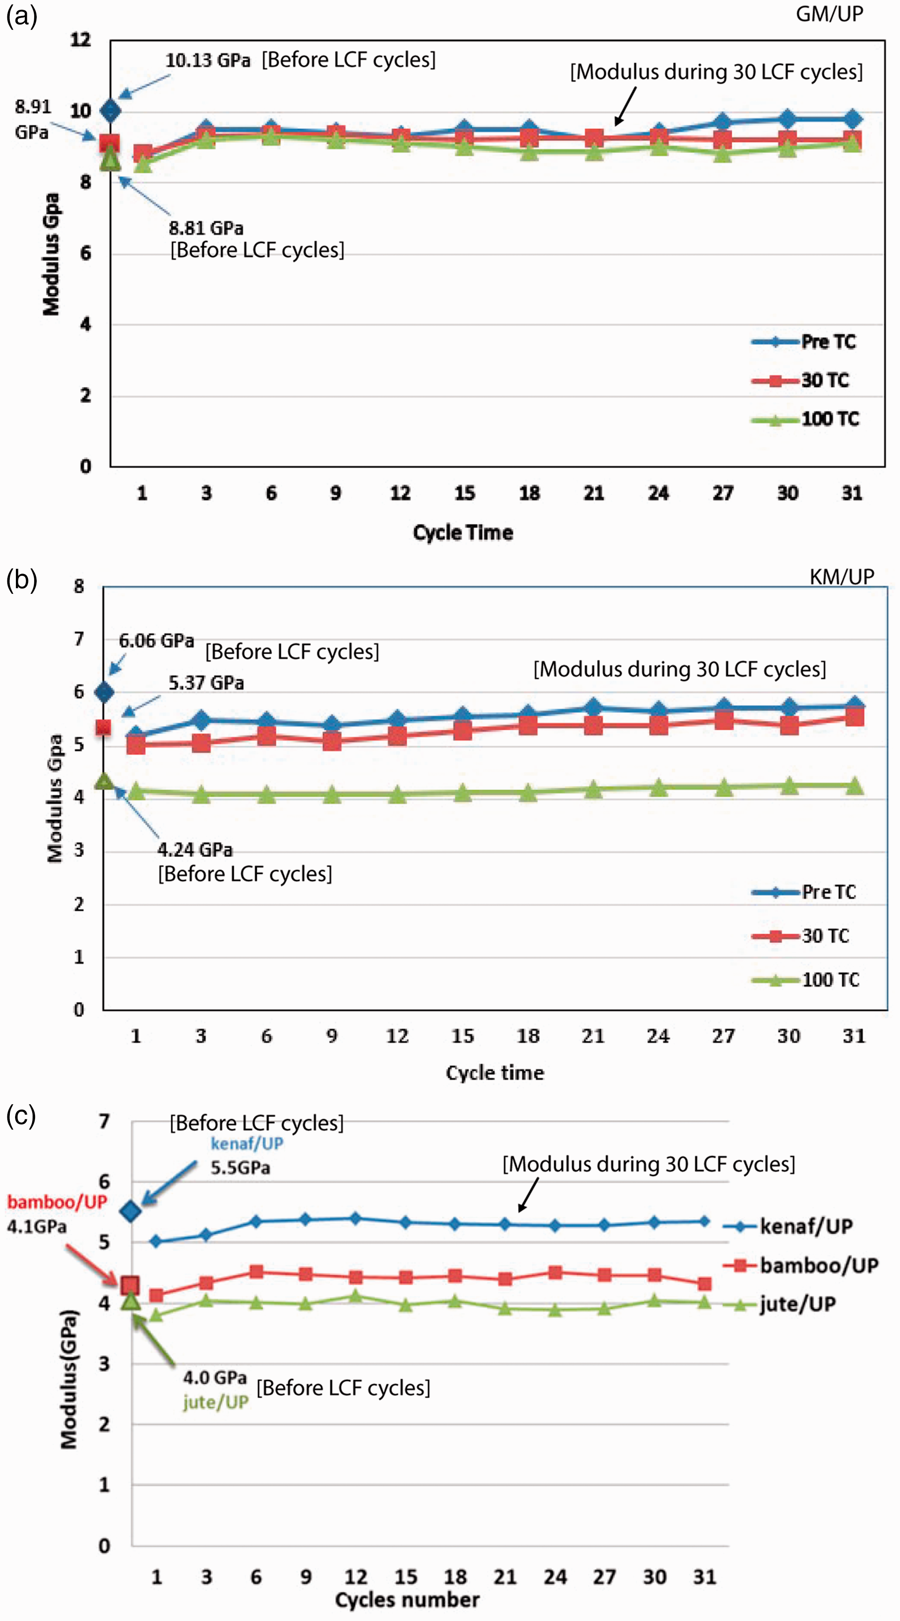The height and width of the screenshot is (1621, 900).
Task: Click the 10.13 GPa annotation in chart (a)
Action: [x=207, y=60]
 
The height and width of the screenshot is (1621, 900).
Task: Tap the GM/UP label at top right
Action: [x=829, y=14]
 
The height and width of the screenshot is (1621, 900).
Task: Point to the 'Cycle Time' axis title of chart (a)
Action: [x=463, y=532]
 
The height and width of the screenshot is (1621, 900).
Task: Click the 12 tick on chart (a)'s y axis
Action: [x=81, y=40]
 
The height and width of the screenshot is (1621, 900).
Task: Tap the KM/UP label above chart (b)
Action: [x=842, y=576]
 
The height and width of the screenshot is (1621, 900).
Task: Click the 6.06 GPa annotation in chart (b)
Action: [x=157, y=641]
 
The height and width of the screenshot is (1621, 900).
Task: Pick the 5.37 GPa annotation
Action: [x=206, y=683]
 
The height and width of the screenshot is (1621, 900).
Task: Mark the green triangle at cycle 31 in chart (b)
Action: [x=854, y=785]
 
